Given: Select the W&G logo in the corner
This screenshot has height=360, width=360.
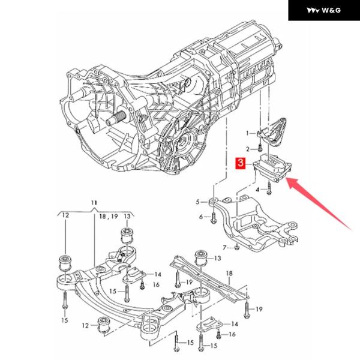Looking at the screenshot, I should [x=323, y=10].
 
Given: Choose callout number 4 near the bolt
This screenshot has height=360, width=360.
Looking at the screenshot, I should [x=259, y=190].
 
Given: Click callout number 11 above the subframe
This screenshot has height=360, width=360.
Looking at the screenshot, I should [x=94, y=204].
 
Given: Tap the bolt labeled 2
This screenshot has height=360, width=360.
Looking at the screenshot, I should [x=259, y=148].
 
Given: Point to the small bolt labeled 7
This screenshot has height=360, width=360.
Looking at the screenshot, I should [x=237, y=247].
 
